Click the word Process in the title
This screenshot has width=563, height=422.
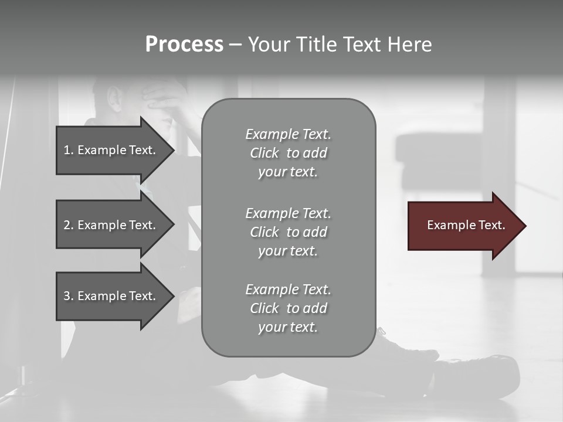click(184, 45)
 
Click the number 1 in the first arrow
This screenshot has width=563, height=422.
click(67, 150)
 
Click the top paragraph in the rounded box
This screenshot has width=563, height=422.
click(288, 153)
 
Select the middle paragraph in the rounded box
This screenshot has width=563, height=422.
click(288, 232)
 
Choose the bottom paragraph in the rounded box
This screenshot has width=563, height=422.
click(288, 308)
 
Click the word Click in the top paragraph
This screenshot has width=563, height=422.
click(264, 153)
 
